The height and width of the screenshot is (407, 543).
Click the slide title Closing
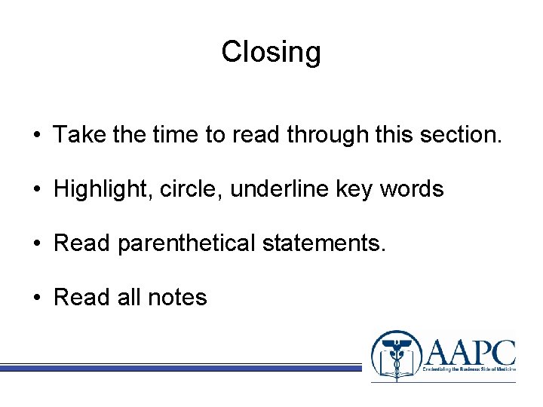tap(271, 52)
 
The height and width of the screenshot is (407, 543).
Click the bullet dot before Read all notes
tap(37, 298)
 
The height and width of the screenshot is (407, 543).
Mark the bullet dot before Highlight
tap(37, 189)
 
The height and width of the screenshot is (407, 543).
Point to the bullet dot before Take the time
tap(37, 135)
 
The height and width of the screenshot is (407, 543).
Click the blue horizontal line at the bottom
tap(181, 368)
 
